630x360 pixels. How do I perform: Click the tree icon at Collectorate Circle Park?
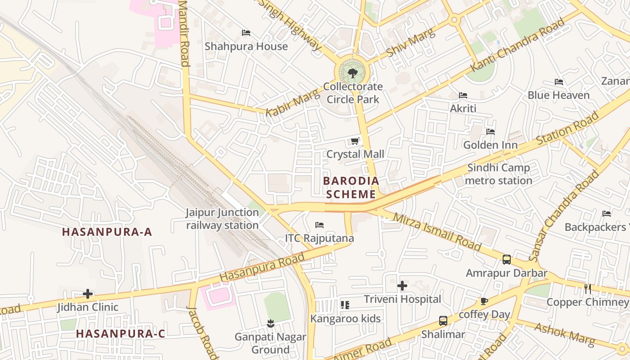pyautogui.click(x=353, y=73)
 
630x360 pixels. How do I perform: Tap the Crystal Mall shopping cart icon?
pyautogui.click(x=355, y=141)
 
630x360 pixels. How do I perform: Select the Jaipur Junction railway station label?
pyautogui.click(x=222, y=219)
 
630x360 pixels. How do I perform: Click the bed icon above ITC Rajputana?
pyautogui.click(x=319, y=225)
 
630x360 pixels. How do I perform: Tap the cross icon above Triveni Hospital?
pyautogui.click(x=402, y=286)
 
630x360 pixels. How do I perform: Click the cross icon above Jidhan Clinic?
pyautogui.click(x=88, y=294)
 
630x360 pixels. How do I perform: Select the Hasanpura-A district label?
pyautogui.click(x=107, y=232)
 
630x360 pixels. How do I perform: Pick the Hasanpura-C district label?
pyautogui.click(x=121, y=334)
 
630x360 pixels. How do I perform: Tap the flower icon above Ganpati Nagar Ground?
pyautogui.click(x=270, y=323)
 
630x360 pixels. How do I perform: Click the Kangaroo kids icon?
pyautogui.click(x=345, y=305)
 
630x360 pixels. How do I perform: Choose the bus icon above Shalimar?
pyautogui.click(x=443, y=321)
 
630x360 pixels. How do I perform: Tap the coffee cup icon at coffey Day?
pyautogui.click(x=484, y=301)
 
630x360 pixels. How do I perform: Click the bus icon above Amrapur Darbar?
pyautogui.click(x=507, y=260)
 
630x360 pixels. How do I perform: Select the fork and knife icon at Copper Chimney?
pyautogui.click(x=588, y=289)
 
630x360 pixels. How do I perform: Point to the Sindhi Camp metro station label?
pyautogui.click(x=499, y=174)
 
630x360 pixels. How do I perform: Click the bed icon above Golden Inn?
pyautogui.click(x=490, y=132)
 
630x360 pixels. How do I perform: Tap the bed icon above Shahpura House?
pyautogui.click(x=246, y=33)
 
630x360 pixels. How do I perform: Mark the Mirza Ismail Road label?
pyautogui.click(x=437, y=231)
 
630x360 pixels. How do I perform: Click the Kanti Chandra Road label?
pyautogui.click(x=517, y=45)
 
